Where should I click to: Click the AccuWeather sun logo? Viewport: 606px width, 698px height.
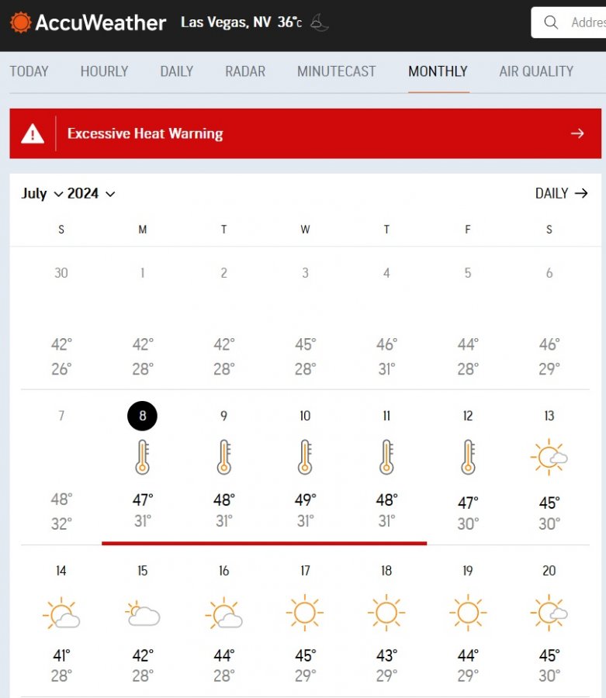[21, 22]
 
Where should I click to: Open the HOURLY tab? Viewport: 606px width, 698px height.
[104, 71]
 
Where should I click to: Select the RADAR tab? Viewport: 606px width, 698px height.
[245, 71]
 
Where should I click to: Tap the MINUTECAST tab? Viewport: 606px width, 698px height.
[336, 71]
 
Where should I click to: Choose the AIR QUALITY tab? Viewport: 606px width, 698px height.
[536, 71]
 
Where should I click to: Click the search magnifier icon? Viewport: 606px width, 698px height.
[552, 22]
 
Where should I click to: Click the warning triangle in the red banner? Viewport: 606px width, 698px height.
[33, 133]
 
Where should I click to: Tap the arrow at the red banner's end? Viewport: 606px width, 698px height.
[577, 133]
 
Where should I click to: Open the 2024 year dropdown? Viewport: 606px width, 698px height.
[91, 194]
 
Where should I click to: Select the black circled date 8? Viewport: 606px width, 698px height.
[142, 416]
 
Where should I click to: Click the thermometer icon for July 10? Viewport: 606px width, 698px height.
[305, 457]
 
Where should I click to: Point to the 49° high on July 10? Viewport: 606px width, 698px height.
[305, 500]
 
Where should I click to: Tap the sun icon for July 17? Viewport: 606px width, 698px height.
[305, 613]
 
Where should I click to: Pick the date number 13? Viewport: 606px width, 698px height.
[549, 416]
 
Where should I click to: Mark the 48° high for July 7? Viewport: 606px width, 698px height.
[61, 500]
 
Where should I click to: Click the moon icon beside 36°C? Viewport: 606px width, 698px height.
[320, 22]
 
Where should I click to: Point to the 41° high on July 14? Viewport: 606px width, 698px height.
[61, 655]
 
